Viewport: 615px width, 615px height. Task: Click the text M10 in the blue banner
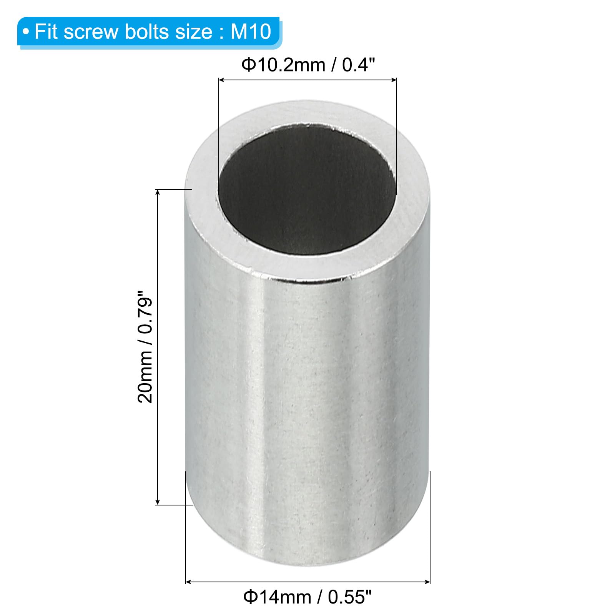click(251, 32)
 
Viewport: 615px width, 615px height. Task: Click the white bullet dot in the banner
click(26, 32)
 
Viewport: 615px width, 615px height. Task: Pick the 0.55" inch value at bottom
click(350, 597)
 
